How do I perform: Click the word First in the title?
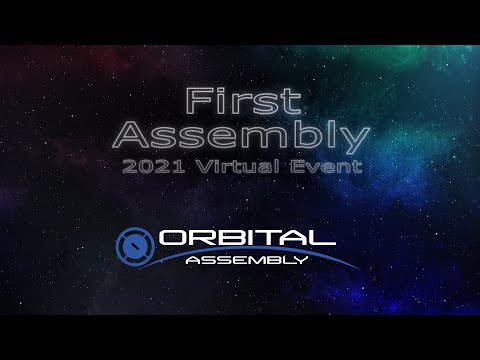[x=240, y=101]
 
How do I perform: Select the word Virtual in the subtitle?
[x=247, y=167]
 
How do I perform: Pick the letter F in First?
[x=195, y=101]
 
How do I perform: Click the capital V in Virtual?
[x=213, y=167]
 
